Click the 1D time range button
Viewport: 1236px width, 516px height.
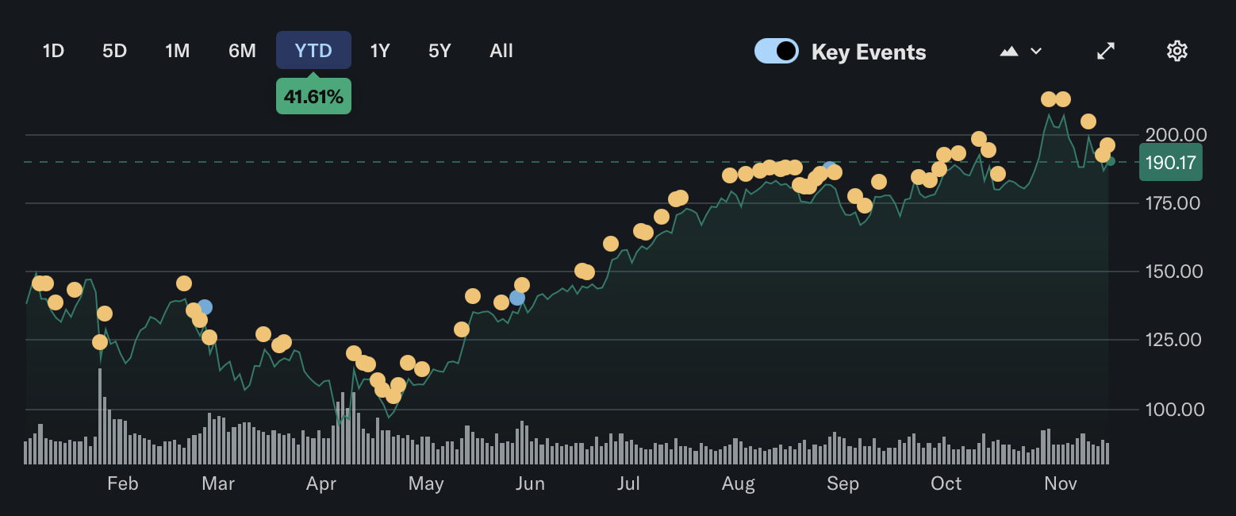[53, 51]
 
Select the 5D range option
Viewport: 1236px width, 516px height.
[114, 51]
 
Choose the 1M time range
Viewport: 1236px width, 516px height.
[177, 51]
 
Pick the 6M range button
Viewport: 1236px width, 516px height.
[242, 51]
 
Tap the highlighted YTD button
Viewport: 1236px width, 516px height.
[313, 51]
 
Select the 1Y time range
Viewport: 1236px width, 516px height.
[380, 51]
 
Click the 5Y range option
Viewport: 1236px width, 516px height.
[440, 51]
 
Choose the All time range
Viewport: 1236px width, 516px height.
[501, 51]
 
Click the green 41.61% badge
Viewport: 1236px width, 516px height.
[313, 97]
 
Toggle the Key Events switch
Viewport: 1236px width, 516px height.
[776, 51]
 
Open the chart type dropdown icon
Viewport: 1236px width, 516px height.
[1020, 51]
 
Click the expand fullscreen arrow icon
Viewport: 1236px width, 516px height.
[1106, 51]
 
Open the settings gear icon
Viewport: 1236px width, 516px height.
[1177, 51]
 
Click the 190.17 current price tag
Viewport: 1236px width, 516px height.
[1171, 162]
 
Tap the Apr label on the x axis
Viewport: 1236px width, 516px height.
[322, 483]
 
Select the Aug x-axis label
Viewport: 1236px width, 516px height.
[739, 483]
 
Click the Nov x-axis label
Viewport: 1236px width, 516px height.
[1060, 483]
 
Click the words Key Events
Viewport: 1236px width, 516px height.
[869, 52]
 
